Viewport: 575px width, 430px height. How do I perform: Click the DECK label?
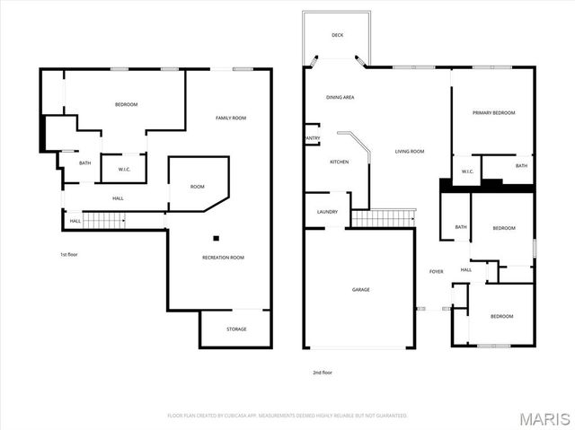[337, 35]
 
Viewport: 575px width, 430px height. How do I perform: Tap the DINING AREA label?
[339, 97]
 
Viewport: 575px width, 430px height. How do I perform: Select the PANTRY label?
[312, 138]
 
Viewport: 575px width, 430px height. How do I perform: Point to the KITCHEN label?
[339, 162]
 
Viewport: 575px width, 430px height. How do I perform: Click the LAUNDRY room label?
[327, 212]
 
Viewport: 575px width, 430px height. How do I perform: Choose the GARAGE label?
[360, 289]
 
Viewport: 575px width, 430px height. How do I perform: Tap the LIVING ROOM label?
[409, 152]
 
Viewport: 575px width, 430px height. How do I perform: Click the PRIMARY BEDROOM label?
[494, 112]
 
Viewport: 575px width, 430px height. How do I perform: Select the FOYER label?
[436, 271]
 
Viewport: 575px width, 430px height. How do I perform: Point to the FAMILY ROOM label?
[230, 118]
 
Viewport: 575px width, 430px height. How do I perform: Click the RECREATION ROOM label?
[223, 258]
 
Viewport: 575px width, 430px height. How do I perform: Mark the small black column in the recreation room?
[216, 238]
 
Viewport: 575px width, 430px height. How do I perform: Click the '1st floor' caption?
[69, 255]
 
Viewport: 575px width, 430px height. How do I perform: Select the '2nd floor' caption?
[322, 372]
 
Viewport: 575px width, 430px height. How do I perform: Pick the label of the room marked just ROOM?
[197, 187]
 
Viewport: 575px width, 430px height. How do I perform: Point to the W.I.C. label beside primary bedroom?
[467, 171]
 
